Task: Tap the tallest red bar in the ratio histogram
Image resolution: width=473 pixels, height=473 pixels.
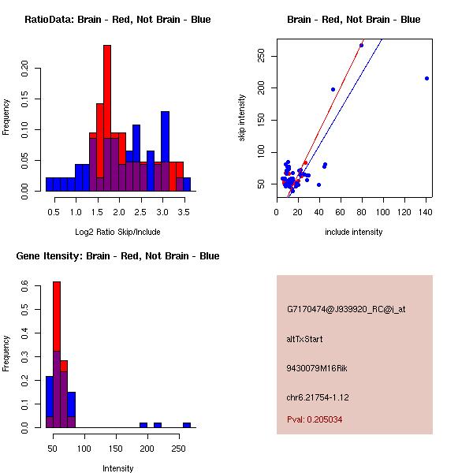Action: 107,118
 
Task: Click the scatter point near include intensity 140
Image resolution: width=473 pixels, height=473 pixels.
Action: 426,78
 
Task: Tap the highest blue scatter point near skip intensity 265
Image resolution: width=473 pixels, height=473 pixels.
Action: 361,45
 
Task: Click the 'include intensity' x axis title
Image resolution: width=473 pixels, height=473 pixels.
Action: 354,232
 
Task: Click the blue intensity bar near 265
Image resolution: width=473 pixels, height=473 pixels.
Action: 187,425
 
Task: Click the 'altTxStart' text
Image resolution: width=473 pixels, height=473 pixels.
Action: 304,339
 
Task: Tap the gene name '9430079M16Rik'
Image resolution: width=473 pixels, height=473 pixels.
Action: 317,368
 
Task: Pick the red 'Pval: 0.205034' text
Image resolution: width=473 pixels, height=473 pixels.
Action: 315,419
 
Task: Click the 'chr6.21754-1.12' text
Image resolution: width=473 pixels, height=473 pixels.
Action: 318,397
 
